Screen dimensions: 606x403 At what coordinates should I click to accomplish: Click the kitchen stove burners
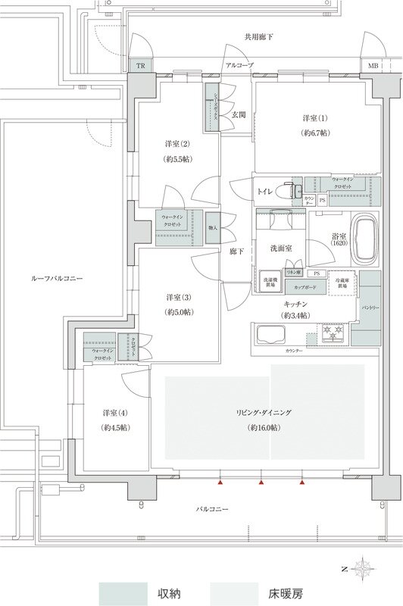click(x=331, y=333)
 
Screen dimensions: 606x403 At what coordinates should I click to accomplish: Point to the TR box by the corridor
click(x=140, y=66)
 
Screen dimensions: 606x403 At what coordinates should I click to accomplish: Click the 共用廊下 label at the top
click(x=258, y=36)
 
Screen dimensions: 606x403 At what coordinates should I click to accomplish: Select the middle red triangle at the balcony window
click(x=261, y=482)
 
